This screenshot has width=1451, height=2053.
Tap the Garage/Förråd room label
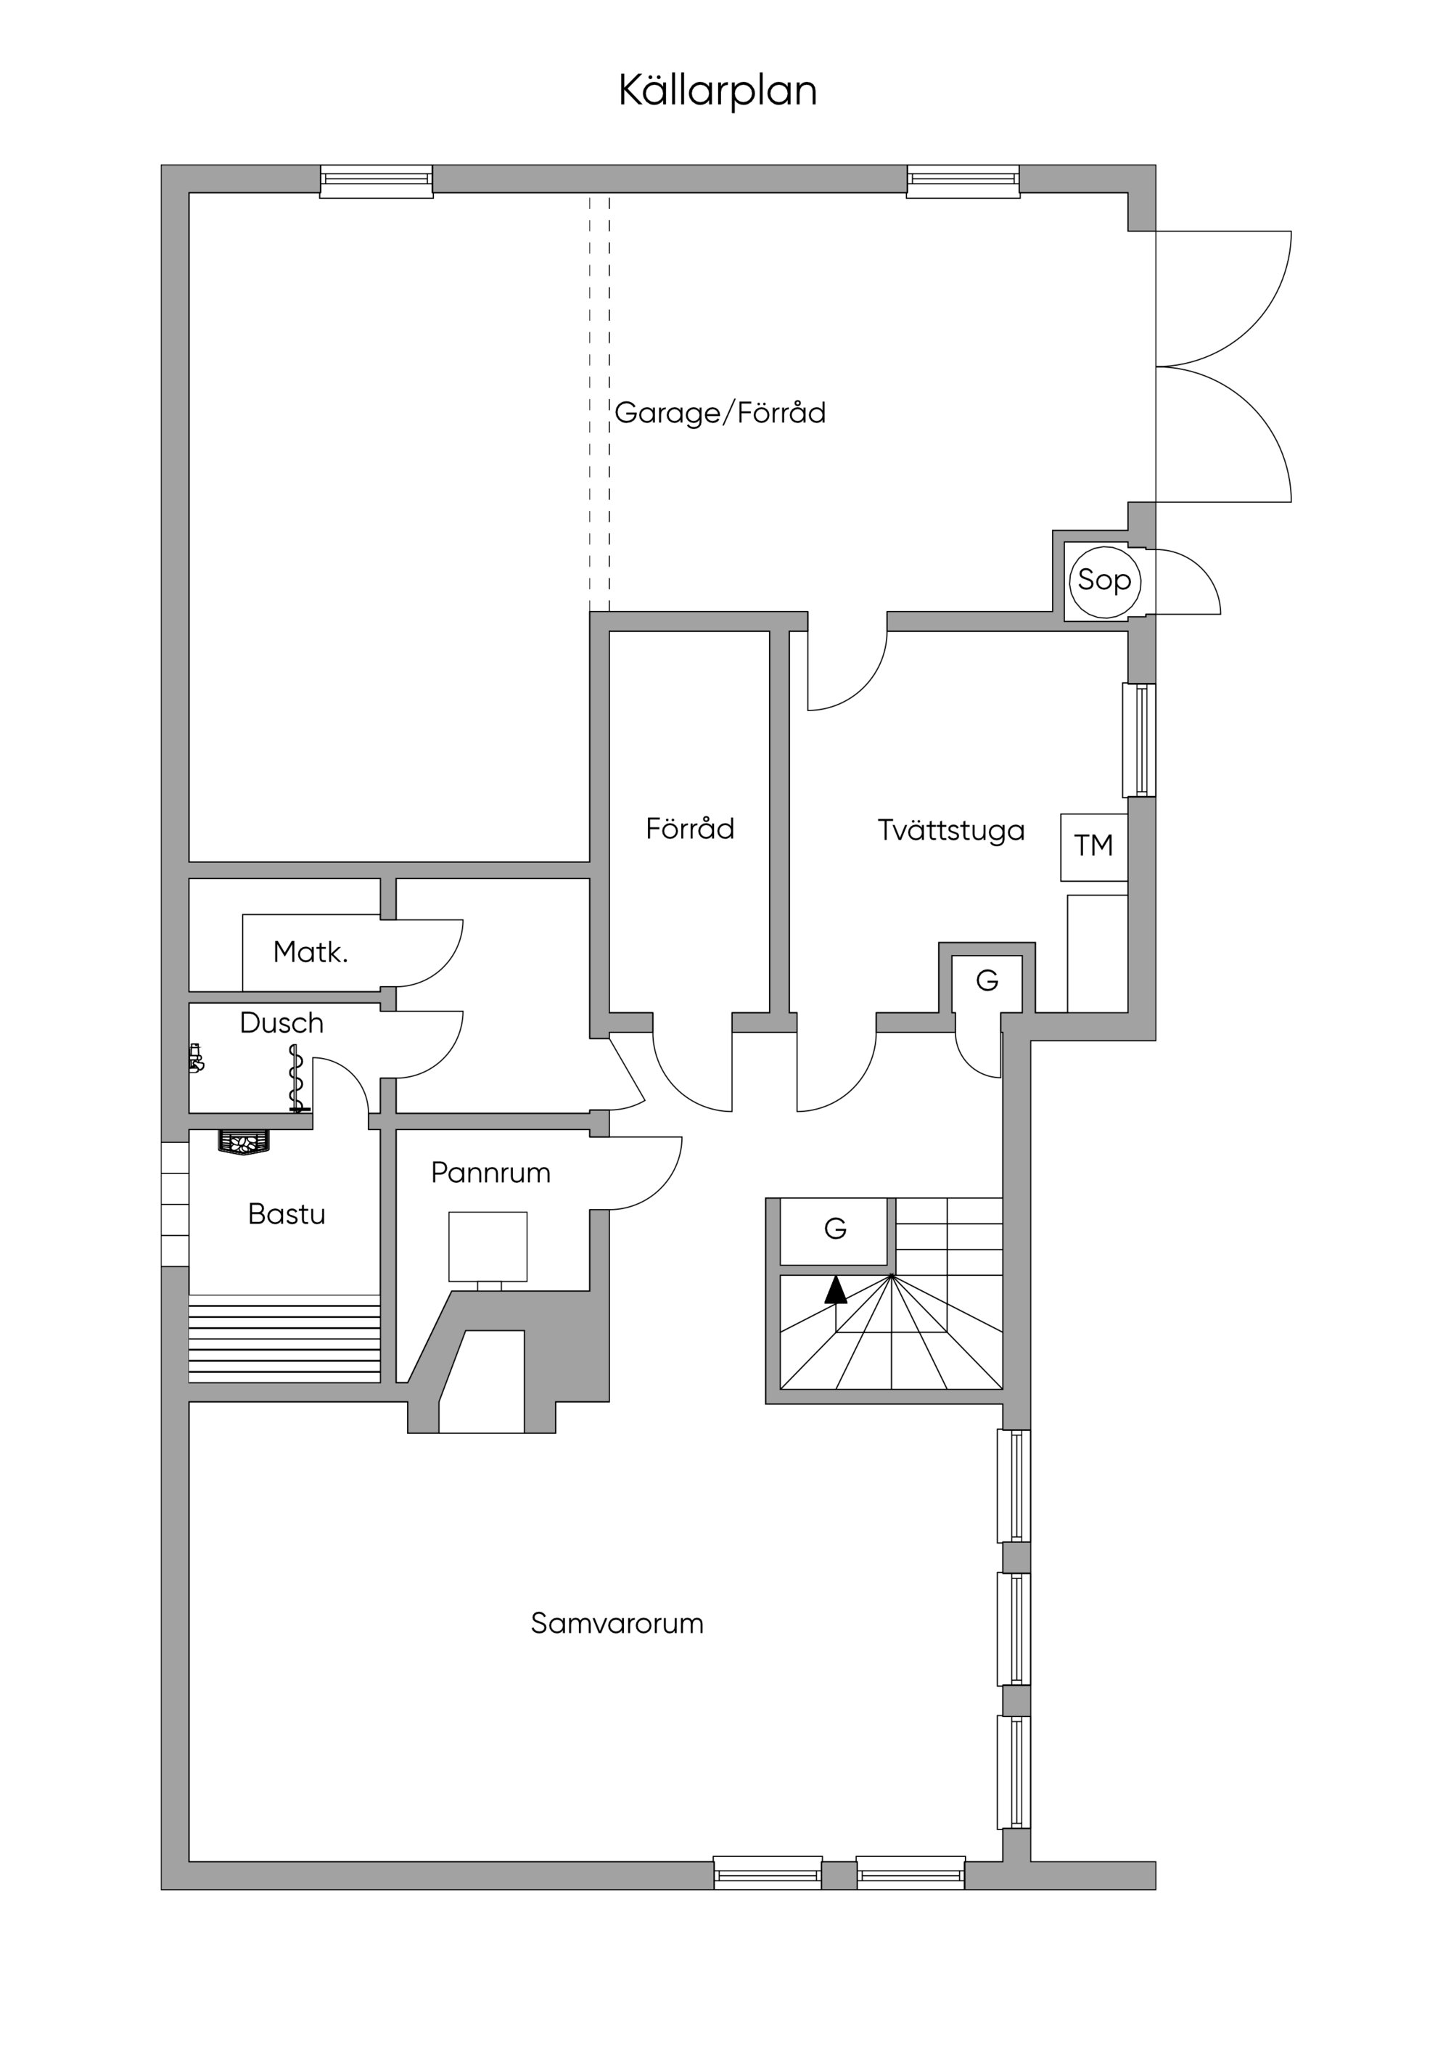click(720, 413)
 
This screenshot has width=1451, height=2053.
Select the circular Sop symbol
click(1104, 581)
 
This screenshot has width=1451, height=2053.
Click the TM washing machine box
click(1093, 846)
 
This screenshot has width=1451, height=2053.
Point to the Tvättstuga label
click(950, 831)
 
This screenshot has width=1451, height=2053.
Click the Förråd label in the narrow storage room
click(689, 829)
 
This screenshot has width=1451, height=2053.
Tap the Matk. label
click(311, 952)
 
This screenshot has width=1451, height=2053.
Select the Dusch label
click(281, 1023)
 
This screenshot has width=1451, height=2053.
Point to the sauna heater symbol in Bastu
click(243, 1143)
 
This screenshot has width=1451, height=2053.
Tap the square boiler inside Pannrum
click(488, 1247)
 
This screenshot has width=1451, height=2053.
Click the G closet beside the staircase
click(834, 1229)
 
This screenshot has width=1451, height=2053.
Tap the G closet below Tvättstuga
click(987, 982)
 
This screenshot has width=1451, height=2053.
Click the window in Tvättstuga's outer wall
click(1139, 740)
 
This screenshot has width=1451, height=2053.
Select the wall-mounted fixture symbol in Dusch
click(196, 1059)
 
